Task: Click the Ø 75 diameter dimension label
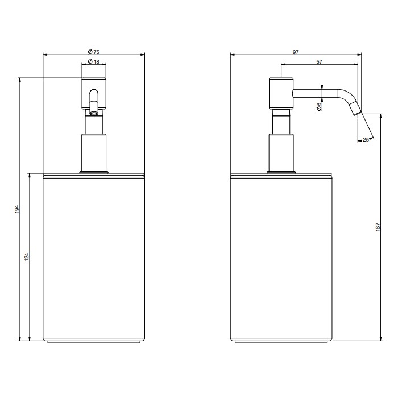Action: click(94, 51)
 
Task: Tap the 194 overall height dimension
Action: click(17, 209)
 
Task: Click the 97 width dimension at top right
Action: click(296, 52)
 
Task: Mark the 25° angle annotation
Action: click(365, 139)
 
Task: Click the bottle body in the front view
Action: click(94, 256)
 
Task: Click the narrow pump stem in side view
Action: click(281, 123)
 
